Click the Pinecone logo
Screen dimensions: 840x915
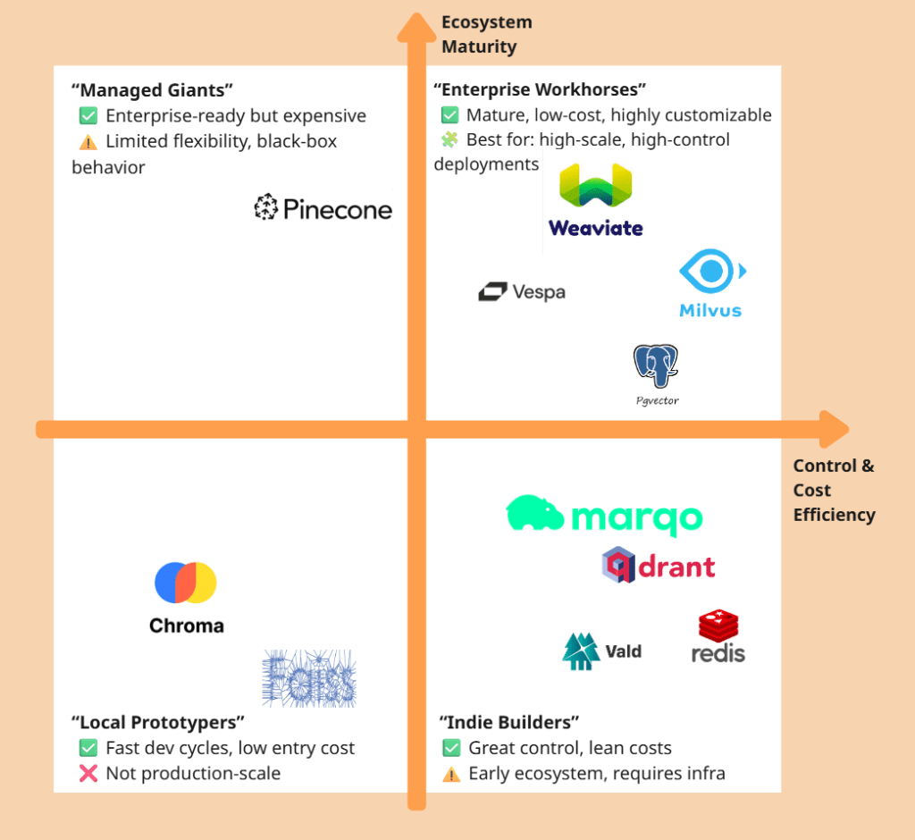click(323, 208)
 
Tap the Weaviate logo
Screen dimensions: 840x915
click(595, 200)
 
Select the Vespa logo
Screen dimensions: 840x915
click(522, 291)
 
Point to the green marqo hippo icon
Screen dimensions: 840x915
click(534, 514)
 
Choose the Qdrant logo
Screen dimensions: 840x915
click(659, 565)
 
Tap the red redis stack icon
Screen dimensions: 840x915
click(718, 626)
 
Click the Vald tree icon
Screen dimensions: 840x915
click(580, 651)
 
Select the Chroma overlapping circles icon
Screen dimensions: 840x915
click(186, 583)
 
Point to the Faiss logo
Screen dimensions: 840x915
click(309, 678)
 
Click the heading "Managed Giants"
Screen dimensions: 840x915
click(152, 90)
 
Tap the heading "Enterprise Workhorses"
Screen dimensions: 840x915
click(540, 90)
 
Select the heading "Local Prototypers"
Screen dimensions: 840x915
click(157, 722)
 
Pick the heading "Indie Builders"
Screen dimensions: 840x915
click(509, 722)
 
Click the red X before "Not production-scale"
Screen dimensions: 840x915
click(88, 773)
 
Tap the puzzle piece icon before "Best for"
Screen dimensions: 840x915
click(449, 140)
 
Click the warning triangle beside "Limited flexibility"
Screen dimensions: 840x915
click(88, 141)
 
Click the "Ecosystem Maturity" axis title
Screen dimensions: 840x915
click(486, 34)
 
